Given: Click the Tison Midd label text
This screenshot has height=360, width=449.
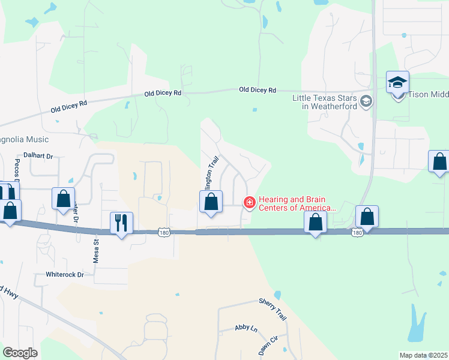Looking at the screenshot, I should click(429, 94).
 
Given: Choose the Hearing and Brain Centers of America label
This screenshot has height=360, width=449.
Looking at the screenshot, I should click(297, 203).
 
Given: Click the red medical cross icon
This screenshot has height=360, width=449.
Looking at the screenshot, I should click(249, 203).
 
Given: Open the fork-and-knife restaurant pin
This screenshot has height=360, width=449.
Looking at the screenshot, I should click(121, 223).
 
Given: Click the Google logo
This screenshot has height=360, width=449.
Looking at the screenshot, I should click(20, 353).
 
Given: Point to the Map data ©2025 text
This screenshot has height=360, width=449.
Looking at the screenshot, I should click(423, 355).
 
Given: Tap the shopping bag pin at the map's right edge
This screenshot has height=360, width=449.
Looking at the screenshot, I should click(439, 161).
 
